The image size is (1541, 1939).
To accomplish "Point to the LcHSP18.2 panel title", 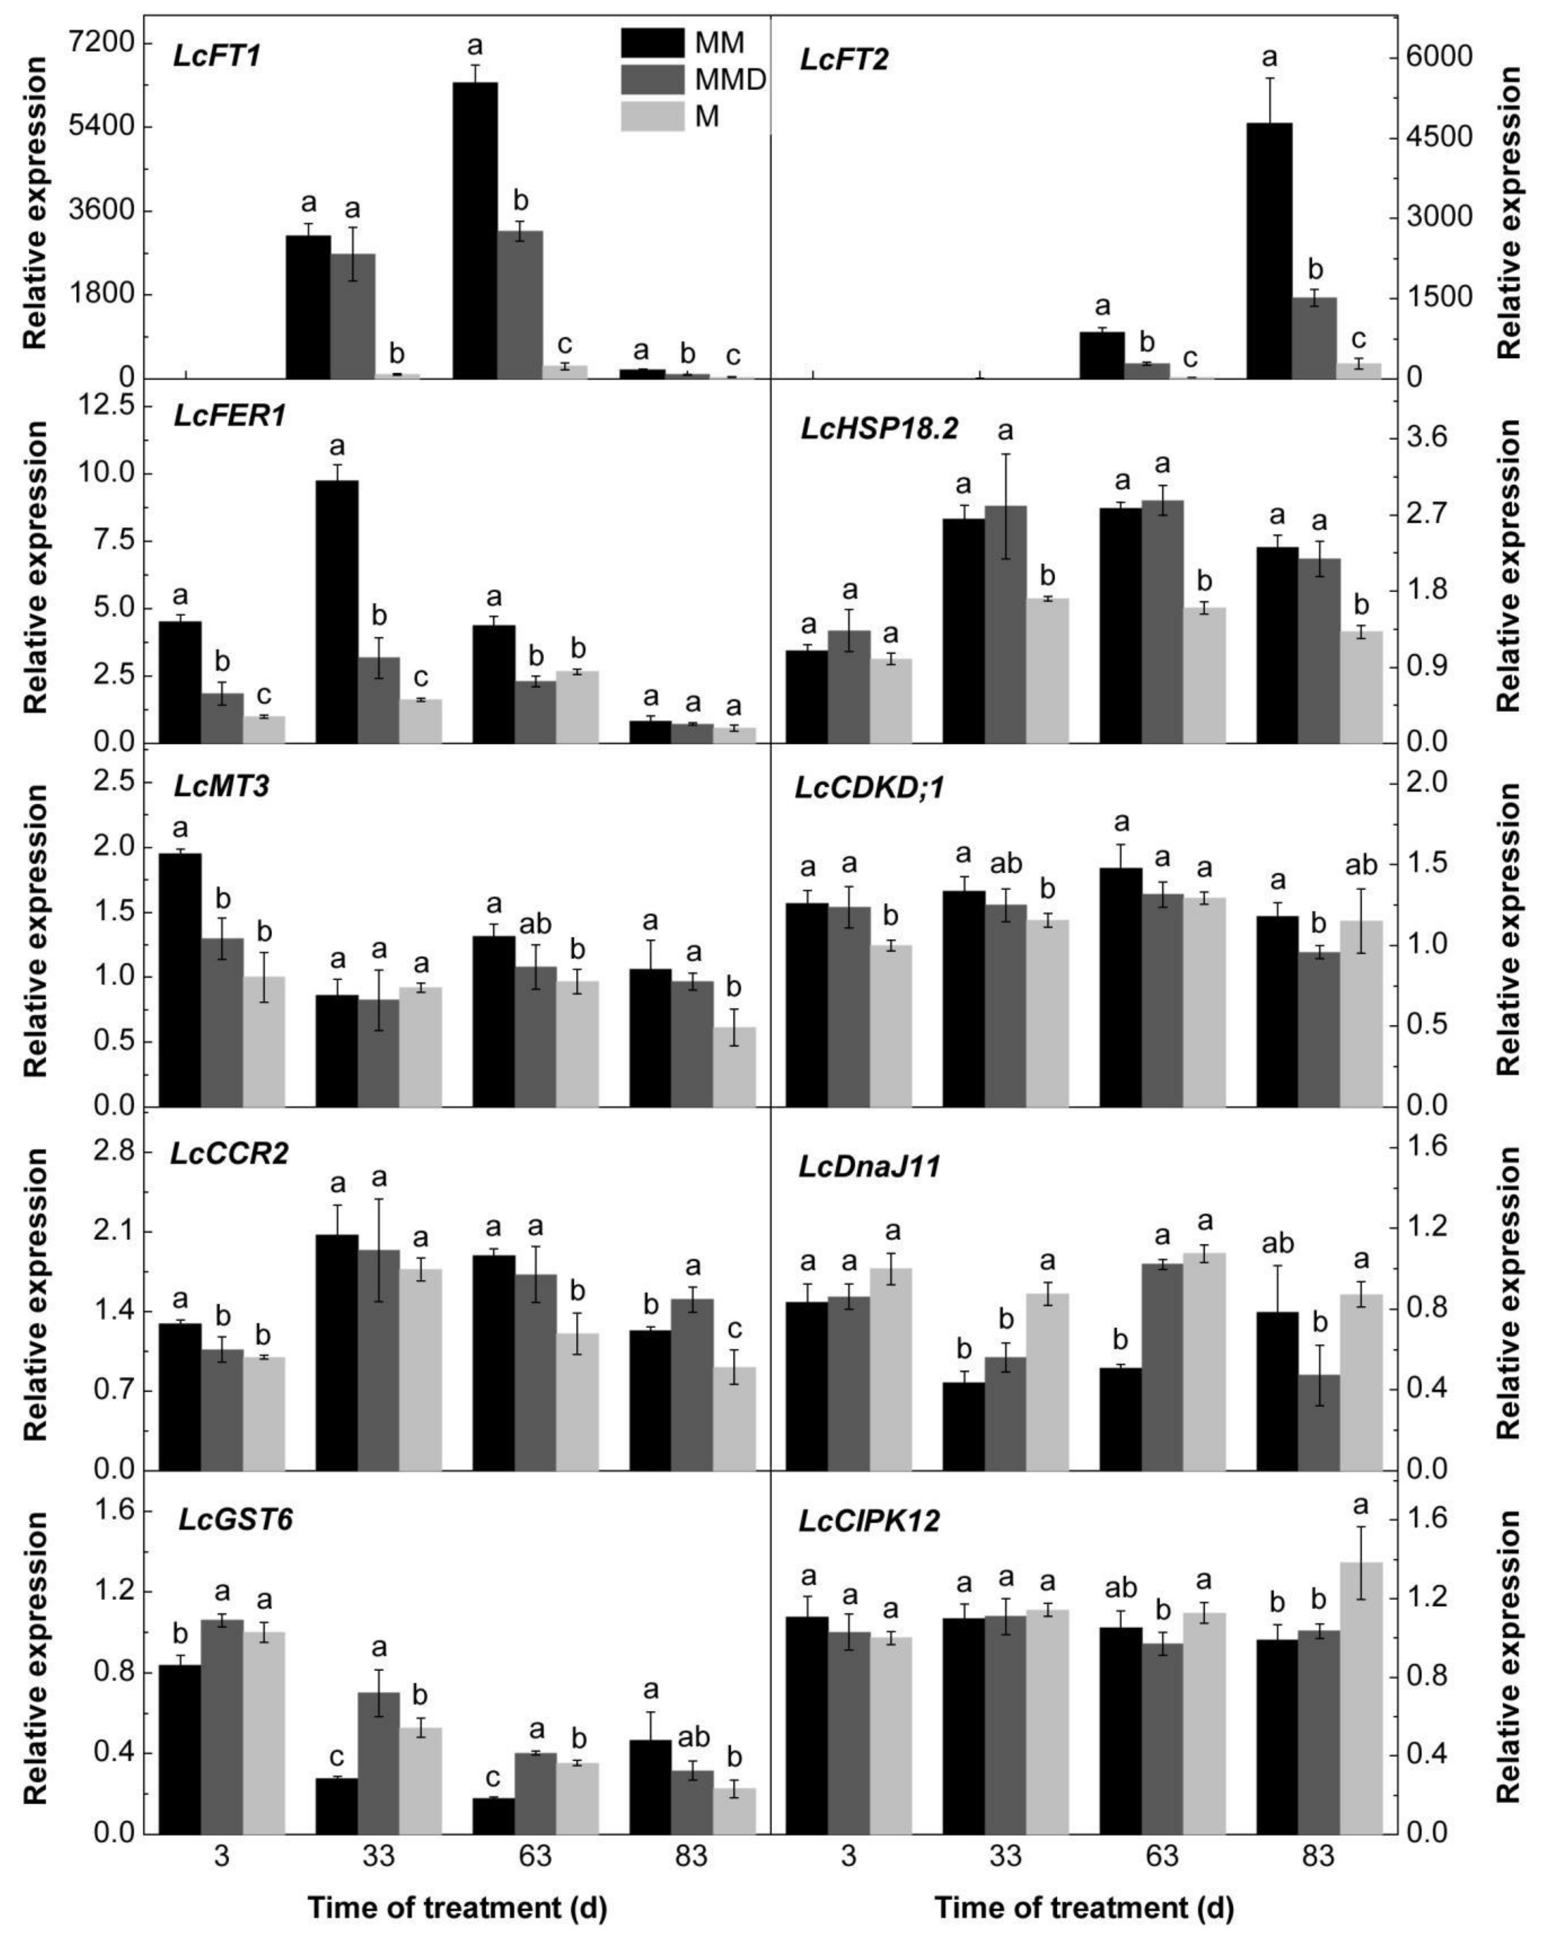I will click(x=879, y=429).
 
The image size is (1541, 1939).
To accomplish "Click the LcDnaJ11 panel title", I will click(x=869, y=1168).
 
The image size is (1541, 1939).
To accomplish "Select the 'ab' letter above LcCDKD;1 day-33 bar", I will click(x=1005, y=863).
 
